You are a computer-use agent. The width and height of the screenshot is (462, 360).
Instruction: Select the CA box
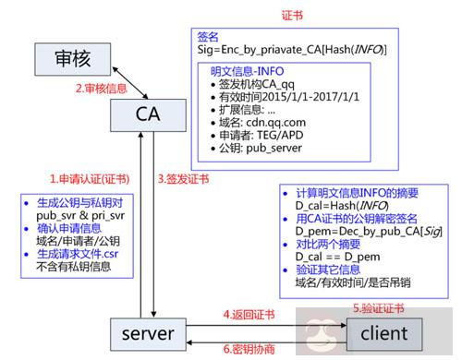pyautogui.click(x=143, y=114)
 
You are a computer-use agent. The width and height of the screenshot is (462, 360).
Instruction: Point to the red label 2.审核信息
pyautogui.click(x=103, y=89)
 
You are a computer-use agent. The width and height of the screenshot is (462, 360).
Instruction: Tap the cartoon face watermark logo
pyautogui.click(x=321, y=333)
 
